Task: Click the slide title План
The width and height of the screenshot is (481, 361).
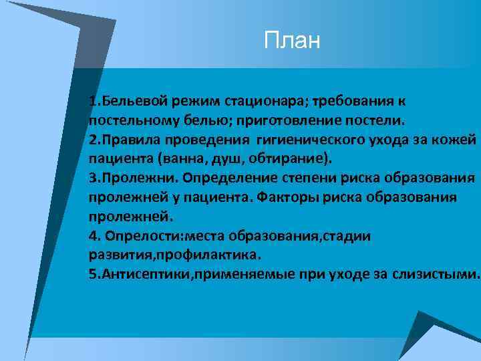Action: [x=292, y=41]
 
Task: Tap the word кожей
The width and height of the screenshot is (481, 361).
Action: [x=455, y=140]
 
